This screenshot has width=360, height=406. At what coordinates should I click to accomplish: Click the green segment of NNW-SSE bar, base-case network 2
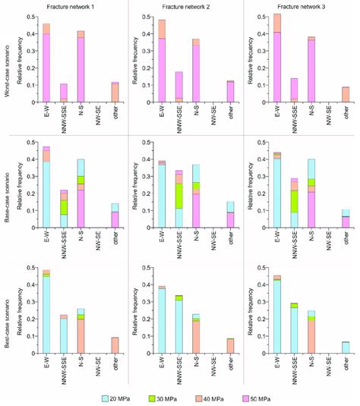click(x=178, y=195)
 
